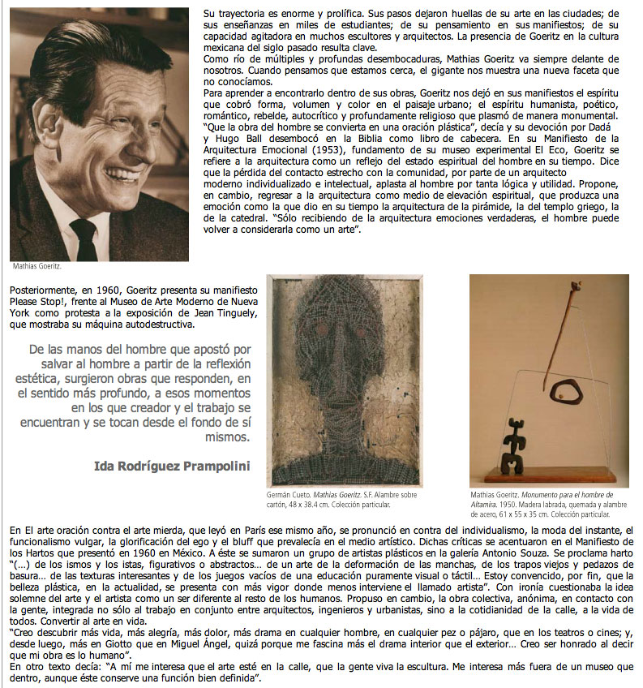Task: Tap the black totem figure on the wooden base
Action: coord(513,450)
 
